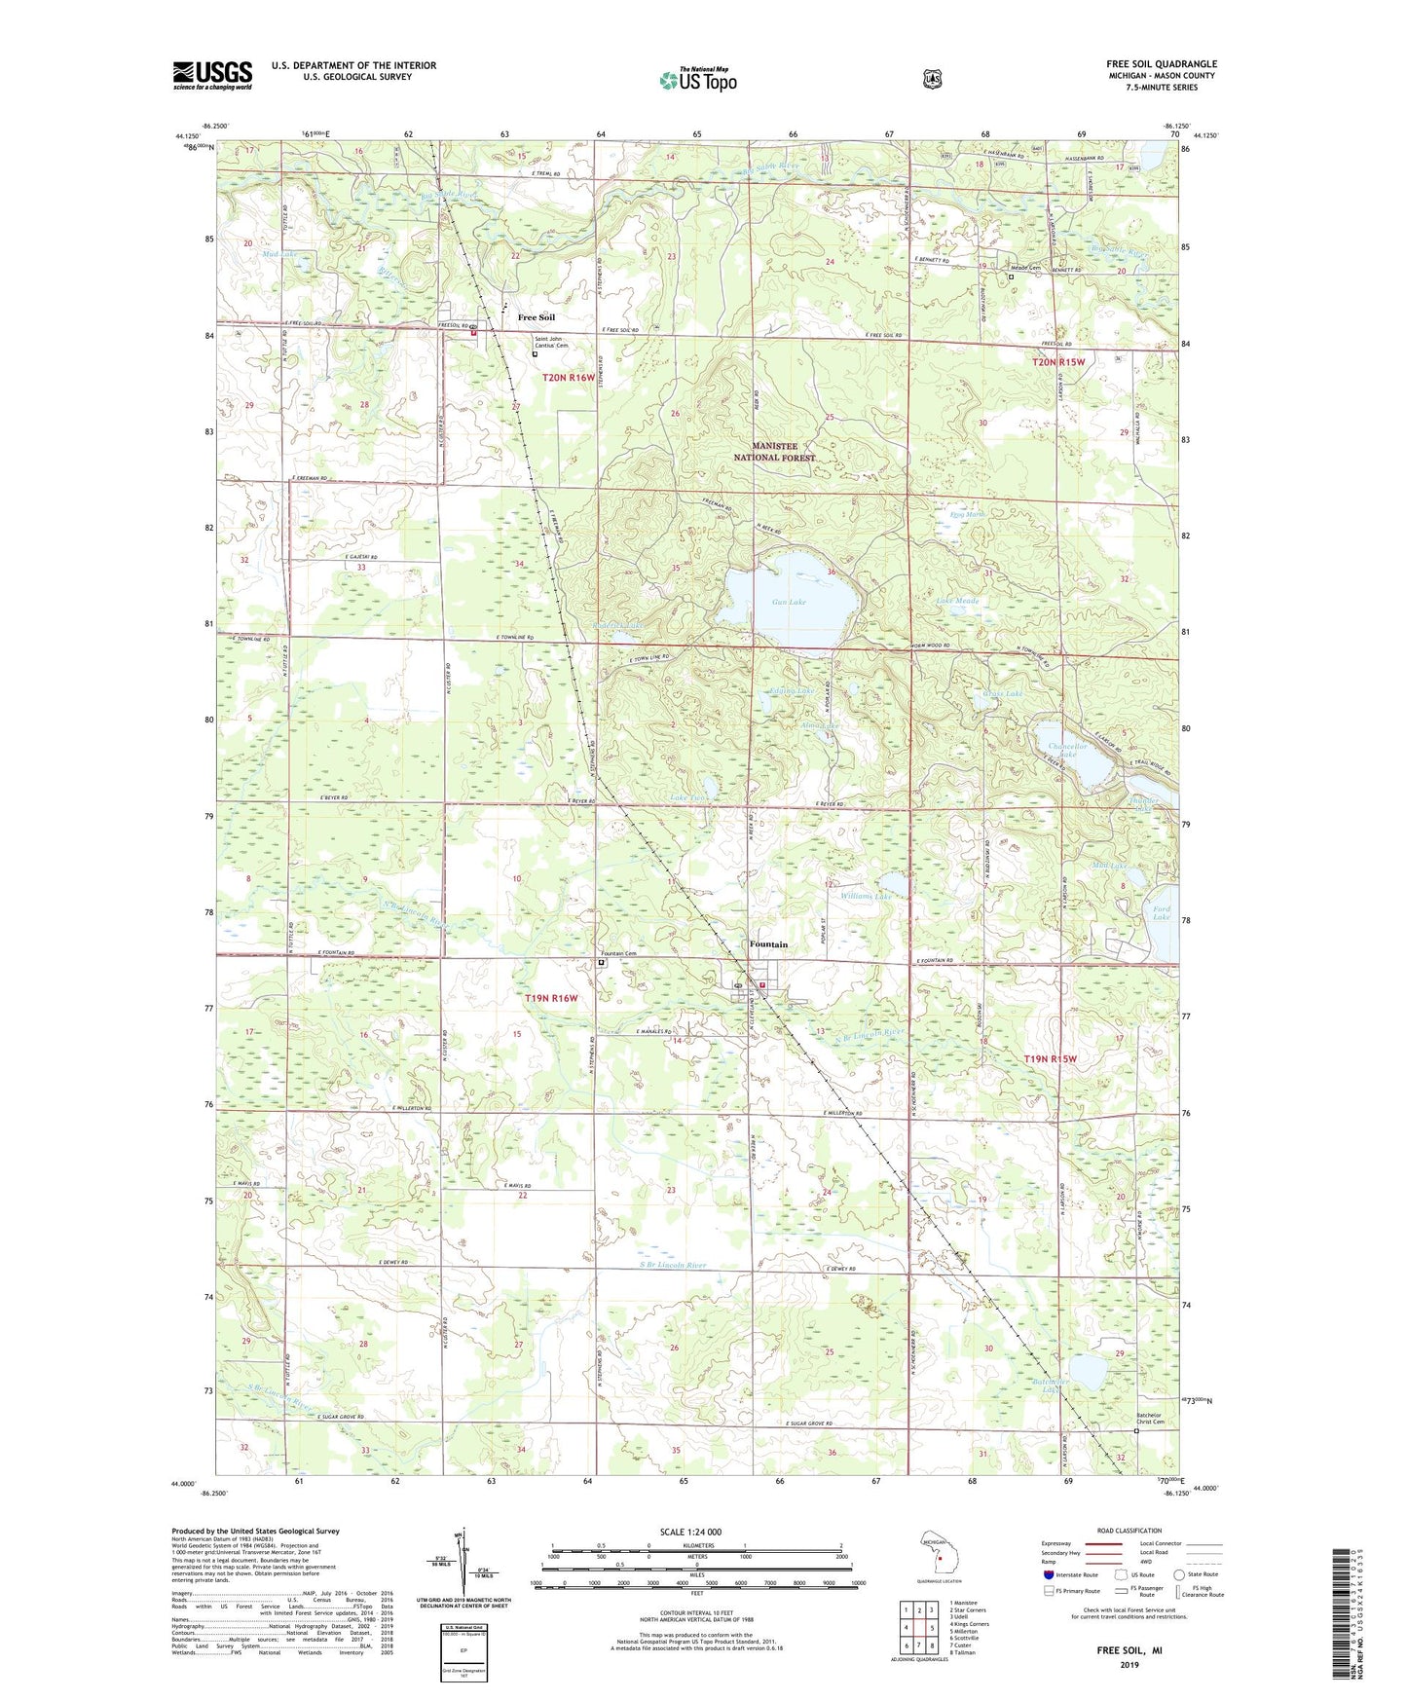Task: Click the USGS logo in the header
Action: click(212, 74)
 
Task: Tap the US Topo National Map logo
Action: click(697, 80)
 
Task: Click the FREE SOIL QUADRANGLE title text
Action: click(1161, 64)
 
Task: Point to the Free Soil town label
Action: click(537, 317)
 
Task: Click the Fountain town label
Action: click(768, 944)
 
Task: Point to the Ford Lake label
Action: click(1161, 912)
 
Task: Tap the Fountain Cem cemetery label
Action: click(618, 953)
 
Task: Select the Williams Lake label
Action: click(866, 896)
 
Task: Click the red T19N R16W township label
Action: click(551, 998)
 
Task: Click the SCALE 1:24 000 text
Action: click(690, 1532)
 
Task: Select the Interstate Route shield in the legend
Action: click(1048, 1573)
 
